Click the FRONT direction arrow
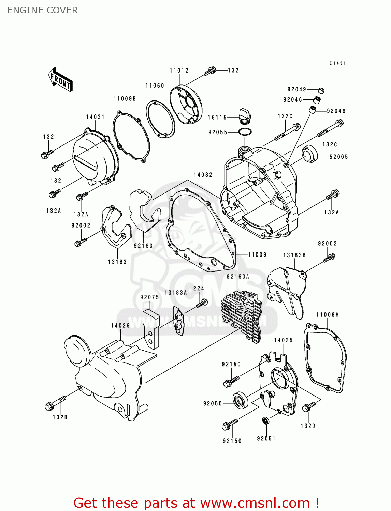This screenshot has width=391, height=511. point(61,80)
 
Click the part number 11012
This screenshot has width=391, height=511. point(179,71)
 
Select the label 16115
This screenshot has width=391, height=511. point(217,118)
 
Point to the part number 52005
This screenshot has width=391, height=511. point(338,157)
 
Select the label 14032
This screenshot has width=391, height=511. point(203,175)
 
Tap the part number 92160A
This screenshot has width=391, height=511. point(238,277)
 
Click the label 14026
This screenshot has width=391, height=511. point(120,326)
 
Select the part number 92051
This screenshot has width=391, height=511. point(266,438)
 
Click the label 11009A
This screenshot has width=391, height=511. point(327,315)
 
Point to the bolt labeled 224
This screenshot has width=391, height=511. point(202,303)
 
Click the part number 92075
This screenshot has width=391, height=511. point(149,297)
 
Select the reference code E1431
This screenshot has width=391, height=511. point(338,63)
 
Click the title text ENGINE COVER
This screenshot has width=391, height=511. point(43,10)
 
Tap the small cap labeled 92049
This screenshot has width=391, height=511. point(321,90)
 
